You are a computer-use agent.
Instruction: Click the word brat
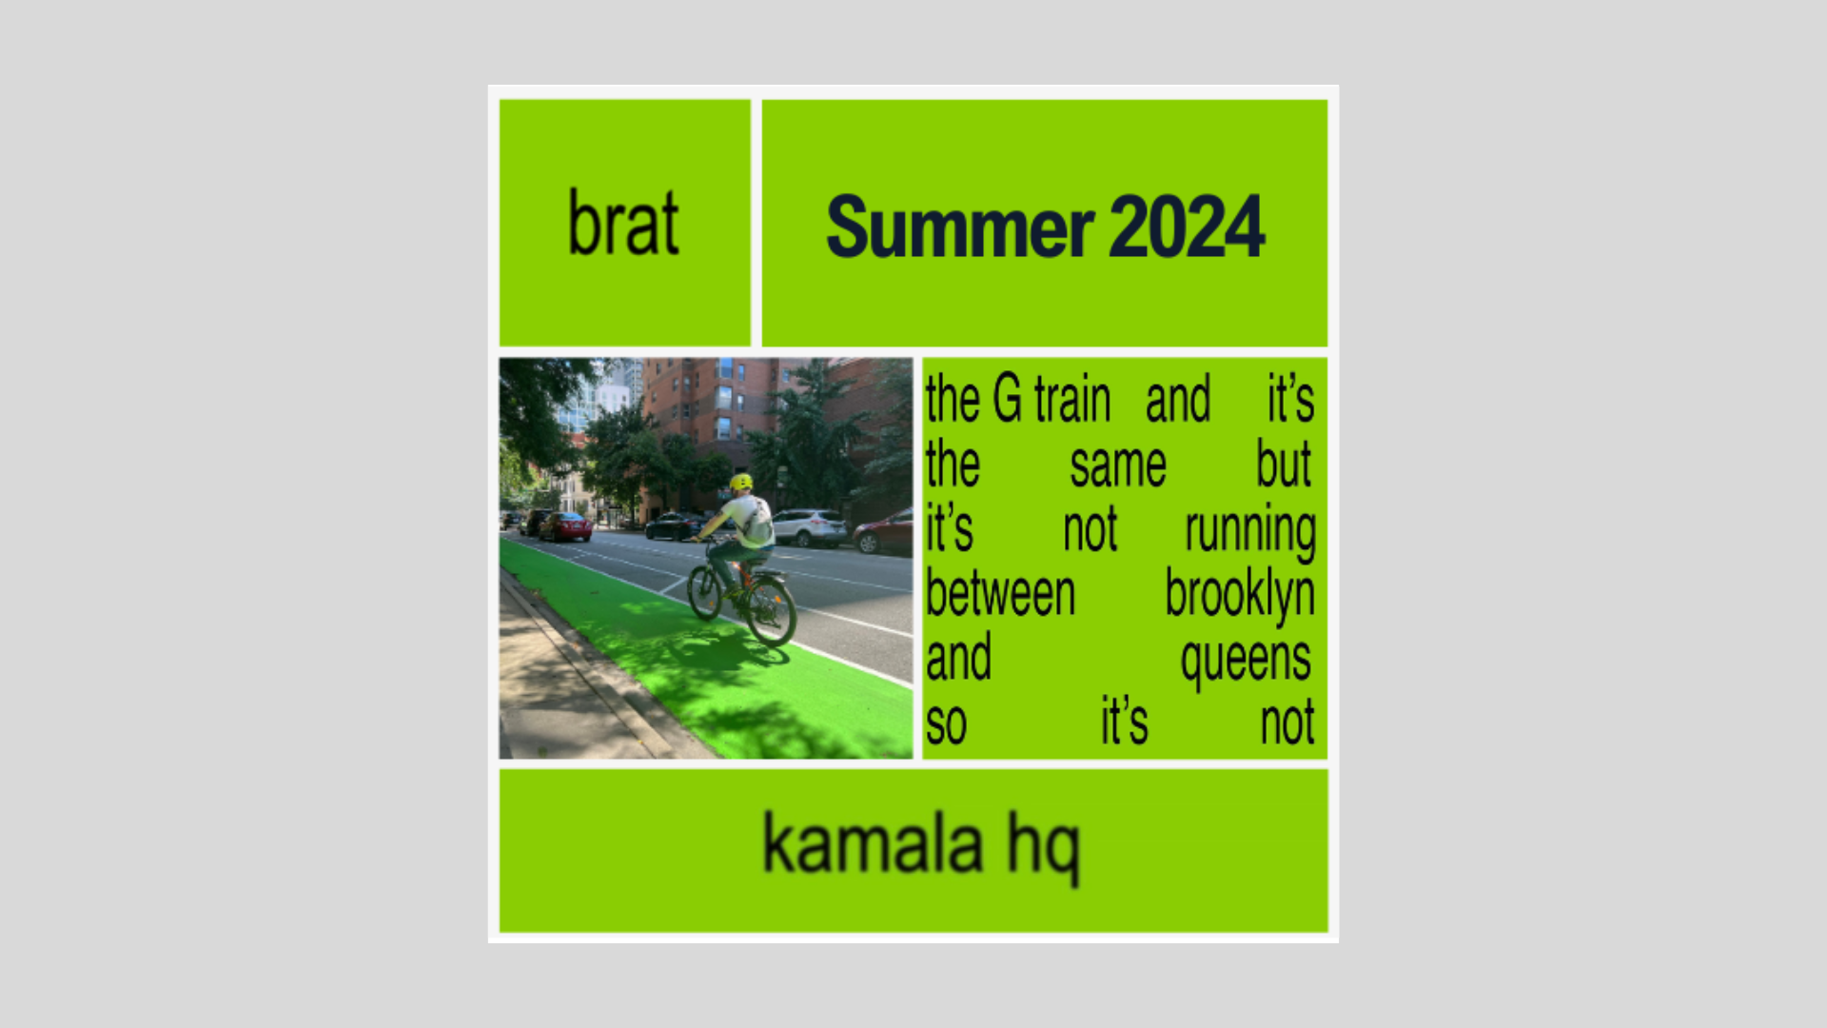(623, 222)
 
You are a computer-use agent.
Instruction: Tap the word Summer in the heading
(960, 227)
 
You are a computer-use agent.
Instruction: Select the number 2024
(1187, 226)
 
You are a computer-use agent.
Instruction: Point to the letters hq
(1044, 849)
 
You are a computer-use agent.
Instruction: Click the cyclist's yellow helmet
(741, 482)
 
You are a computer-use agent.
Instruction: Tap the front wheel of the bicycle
(705, 592)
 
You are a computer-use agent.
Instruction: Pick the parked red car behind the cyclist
(565, 526)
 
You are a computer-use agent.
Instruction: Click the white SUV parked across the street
(809, 527)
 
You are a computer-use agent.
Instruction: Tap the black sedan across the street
(676, 525)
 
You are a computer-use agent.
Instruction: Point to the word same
(1118, 465)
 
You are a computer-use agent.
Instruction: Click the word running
(1250, 531)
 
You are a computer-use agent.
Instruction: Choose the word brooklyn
(1240, 595)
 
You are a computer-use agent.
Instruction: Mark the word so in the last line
(946, 724)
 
